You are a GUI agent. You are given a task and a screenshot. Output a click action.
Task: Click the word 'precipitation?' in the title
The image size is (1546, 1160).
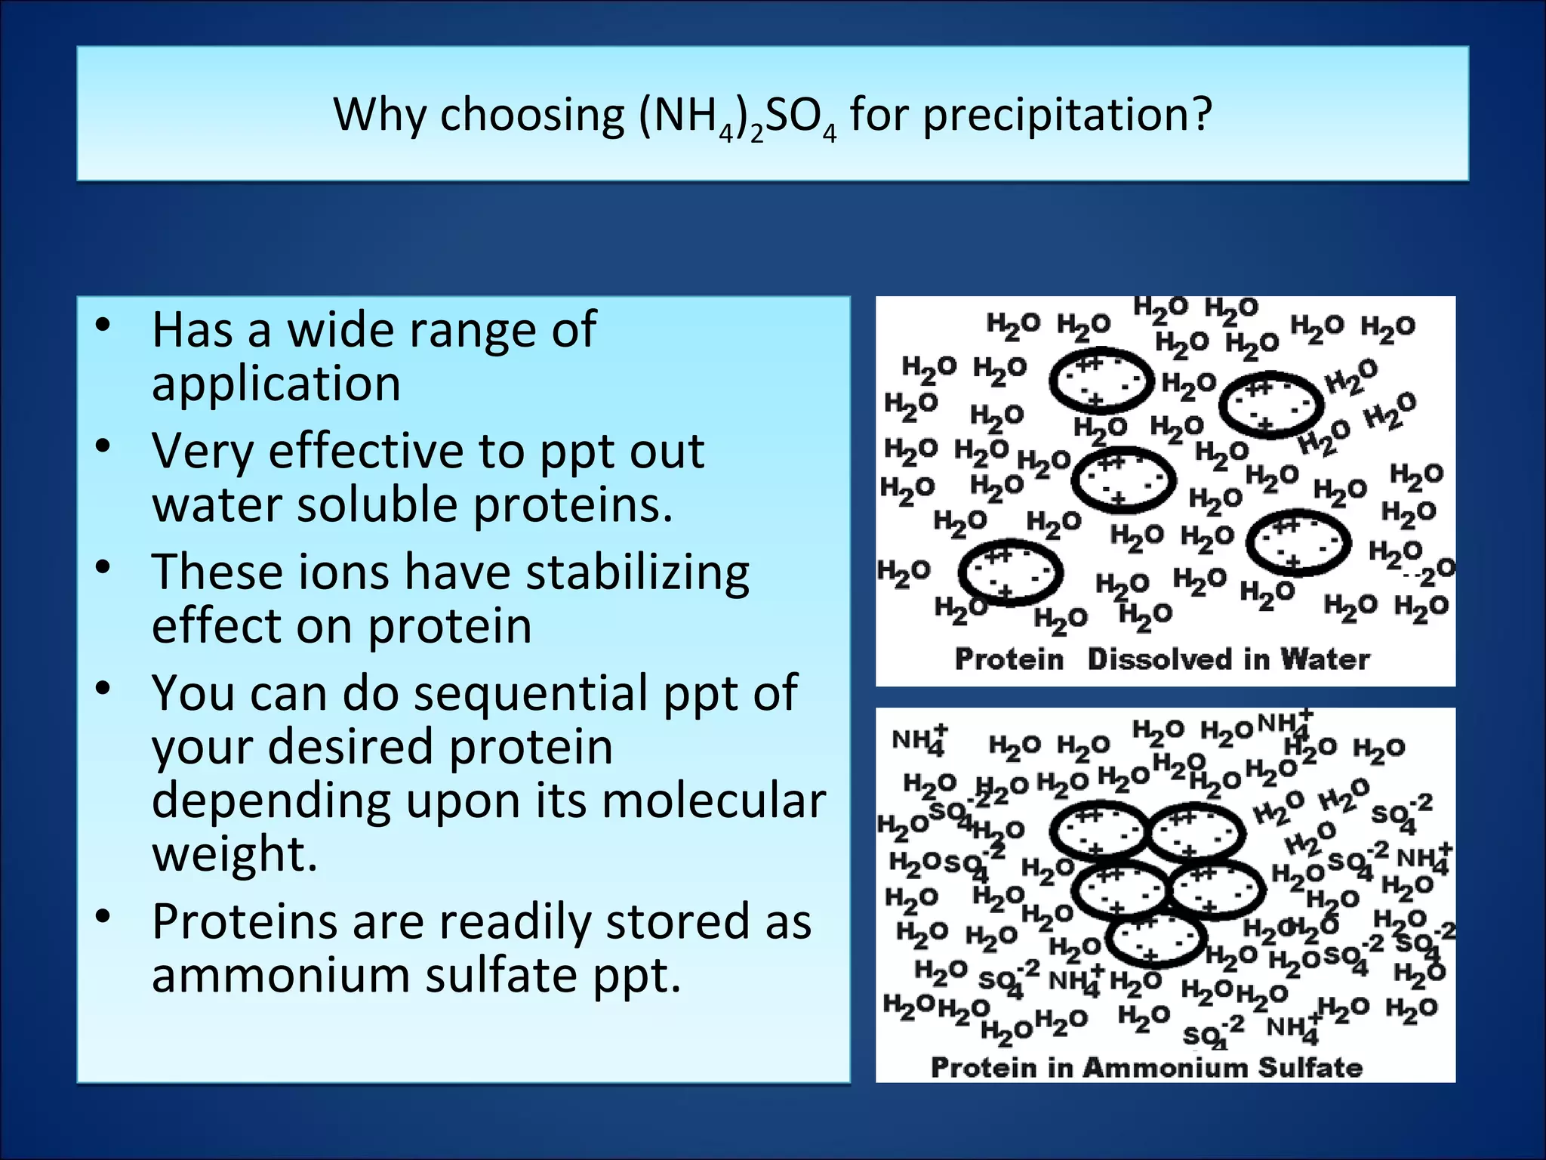(1067, 116)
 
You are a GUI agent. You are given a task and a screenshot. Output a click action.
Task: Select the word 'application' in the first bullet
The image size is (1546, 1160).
(276, 384)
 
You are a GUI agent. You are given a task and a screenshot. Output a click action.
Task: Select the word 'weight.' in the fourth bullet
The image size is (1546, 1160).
(235, 853)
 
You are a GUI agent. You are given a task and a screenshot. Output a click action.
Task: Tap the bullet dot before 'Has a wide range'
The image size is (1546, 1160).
(103, 326)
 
